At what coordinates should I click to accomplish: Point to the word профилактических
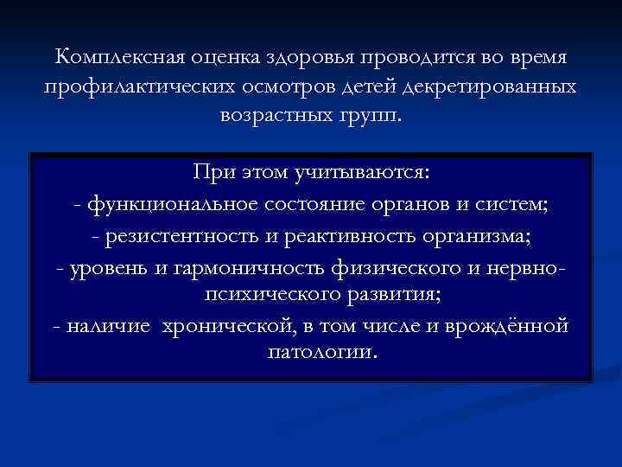(x=136, y=87)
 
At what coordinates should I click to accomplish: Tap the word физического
(x=397, y=265)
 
